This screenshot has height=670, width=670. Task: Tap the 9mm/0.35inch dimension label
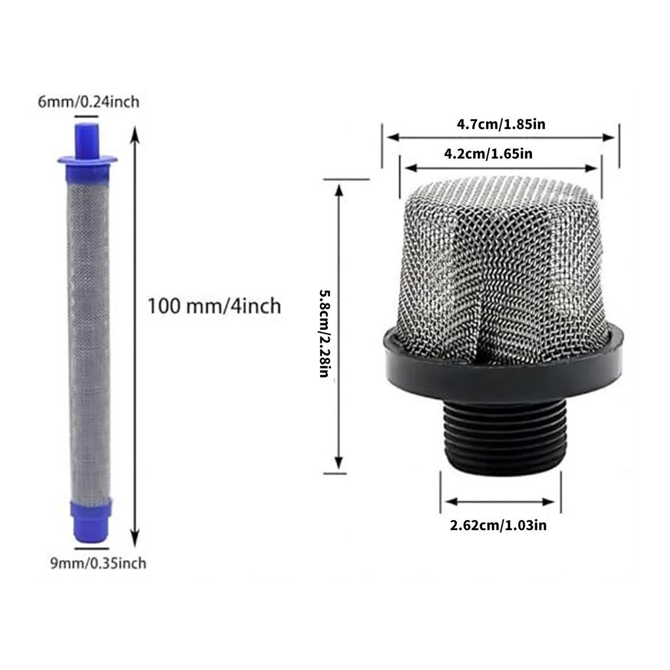98,563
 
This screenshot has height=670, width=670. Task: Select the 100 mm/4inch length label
214,306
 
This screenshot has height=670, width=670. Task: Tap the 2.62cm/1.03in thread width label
498,525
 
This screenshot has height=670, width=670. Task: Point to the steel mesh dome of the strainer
501,262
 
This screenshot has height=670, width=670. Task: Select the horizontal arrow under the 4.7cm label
501,137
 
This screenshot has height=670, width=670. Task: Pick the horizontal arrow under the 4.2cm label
501,169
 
